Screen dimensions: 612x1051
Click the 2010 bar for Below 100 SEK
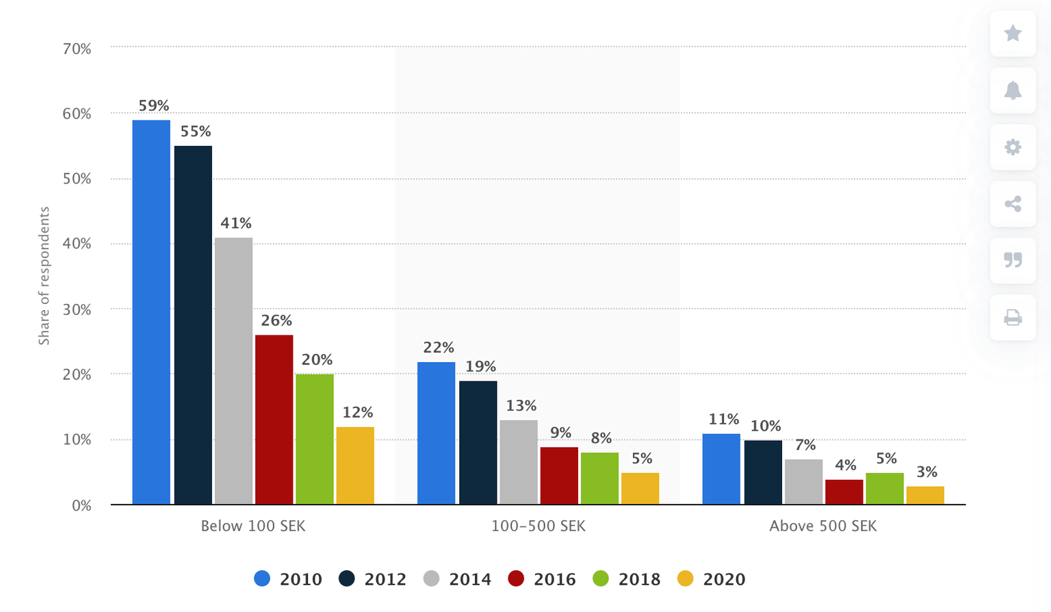coord(151,312)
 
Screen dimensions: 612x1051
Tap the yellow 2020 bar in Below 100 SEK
coord(355,466)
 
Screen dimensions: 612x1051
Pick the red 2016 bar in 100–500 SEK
coord(559,476)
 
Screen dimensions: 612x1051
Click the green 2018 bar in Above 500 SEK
coord(884,488)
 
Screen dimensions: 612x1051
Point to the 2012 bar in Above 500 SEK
coord(763,472)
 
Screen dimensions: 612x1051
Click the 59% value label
coord(153,105)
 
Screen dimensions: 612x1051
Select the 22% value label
coord(438,348)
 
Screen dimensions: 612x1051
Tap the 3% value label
coord(926,472)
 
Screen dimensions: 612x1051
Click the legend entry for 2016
coord(542,579)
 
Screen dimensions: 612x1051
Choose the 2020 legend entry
coord(712,579)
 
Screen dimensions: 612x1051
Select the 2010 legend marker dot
coord(262,579)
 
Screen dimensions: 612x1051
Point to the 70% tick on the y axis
coord(77,49)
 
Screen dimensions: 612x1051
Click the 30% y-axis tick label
coord(77,309)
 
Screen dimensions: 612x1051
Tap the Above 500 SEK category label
coord(822,526)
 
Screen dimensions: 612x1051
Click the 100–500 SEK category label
coord(538,526)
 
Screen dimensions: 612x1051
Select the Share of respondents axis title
coord(44,276)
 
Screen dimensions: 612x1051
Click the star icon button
coord(1013,33)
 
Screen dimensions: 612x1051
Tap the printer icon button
coord(1013,318)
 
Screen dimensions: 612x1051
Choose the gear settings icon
coord(1013,147)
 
